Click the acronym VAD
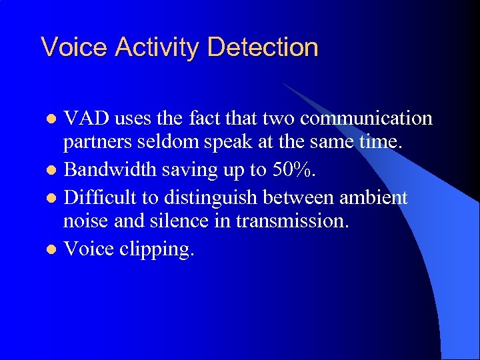click(x=87, y=119)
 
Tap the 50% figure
click(x=293, y=170)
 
